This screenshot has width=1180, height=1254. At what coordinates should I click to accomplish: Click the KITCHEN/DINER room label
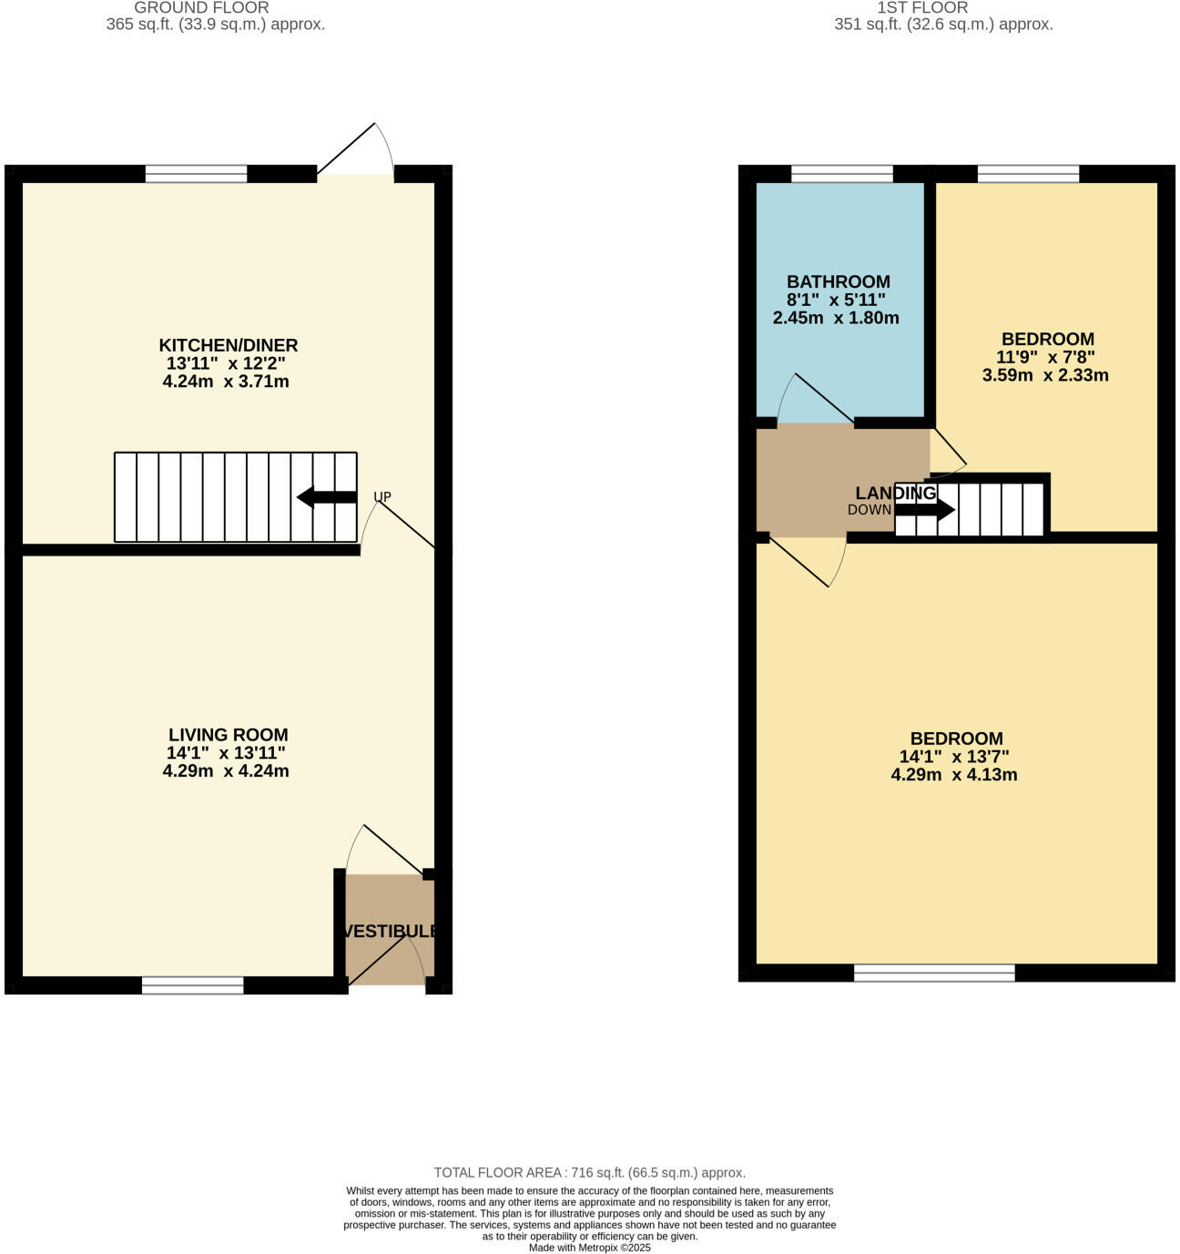coord(229,345)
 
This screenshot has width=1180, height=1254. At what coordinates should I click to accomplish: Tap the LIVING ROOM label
coord(228,735)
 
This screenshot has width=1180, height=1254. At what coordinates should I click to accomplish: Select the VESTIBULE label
coord(390,932)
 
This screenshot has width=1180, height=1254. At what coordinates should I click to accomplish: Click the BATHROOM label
coord(839,282)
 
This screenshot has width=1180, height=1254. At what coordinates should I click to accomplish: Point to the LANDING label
coord(895,494)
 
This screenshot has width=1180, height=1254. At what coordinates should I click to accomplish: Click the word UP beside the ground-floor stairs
coord(382,497)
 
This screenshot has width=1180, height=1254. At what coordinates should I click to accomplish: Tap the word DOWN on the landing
coord(870,510)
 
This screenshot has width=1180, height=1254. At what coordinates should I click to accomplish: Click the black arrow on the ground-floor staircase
coord(327,497)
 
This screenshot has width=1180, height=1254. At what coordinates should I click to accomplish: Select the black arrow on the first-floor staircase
coord(925,510)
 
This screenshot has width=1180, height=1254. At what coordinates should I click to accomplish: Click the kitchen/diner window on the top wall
coord(197,174)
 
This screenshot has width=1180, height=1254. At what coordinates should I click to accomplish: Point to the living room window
coord(193,985)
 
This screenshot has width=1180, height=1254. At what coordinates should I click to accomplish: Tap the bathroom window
coord(842,174)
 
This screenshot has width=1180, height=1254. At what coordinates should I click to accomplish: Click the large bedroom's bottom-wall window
coord(934,973)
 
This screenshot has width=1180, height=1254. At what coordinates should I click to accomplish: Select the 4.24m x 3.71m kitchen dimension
coord(226,382)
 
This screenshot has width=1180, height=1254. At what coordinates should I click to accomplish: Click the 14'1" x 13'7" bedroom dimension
coord(954,757)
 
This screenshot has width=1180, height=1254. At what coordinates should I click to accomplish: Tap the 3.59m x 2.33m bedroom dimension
coord(1045,375)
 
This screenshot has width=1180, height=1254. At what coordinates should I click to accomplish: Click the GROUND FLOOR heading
coord(201,8)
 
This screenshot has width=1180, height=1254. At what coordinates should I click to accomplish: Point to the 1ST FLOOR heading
coord(922,8)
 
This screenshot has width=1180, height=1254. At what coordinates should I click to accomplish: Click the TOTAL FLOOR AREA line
coord(590,1173)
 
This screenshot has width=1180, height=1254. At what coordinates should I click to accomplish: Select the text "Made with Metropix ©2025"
coord(590,1248)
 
